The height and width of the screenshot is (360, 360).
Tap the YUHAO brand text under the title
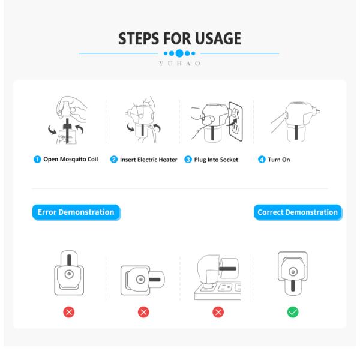(180, 64)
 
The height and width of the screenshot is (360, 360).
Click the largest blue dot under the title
(179, 53)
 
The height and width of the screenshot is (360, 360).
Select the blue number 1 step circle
(37, 160)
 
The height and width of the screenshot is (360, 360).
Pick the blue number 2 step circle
(114, 160)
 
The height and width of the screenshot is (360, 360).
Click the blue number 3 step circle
(188, 160)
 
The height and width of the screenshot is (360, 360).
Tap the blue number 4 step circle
(262, 160)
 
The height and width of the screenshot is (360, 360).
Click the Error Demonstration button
(76, 212)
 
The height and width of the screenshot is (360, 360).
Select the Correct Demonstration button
(298, 212)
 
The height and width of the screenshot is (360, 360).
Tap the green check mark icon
(293, 312)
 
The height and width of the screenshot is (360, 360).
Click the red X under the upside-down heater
(69, 312)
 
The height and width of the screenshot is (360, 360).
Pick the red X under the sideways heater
(143, 312)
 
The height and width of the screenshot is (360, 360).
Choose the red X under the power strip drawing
(218, 312)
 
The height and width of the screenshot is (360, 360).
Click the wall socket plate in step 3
(236, 121)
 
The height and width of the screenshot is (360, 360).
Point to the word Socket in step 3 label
(229, 160)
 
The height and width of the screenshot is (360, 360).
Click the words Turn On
(279, 160)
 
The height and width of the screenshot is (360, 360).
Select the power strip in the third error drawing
(217, 291)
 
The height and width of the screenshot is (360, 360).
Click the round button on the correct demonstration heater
(293, 272)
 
